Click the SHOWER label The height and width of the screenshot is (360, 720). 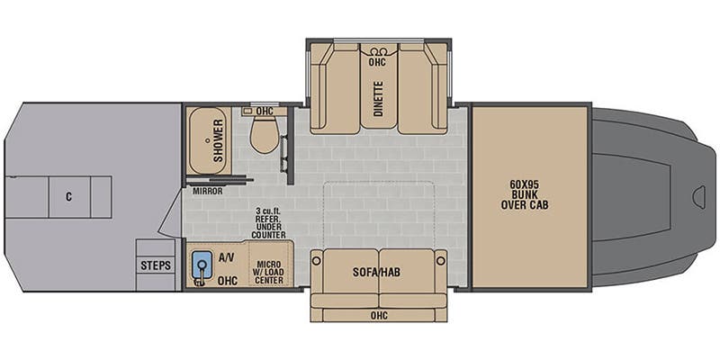click(x=218, y=140)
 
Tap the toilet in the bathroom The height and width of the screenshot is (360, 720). click(x=265, y=134)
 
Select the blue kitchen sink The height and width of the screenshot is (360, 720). click(x=202, y=265)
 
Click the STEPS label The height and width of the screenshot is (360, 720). click(x=156, y=265)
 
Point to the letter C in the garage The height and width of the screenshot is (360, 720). click(x=69, y=197)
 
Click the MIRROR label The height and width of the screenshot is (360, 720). click(x=208, y=191)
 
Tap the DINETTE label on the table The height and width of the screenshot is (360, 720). click(x=378, y=98)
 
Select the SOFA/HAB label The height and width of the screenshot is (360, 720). click(x=376, y=272)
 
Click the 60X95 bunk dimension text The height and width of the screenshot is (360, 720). click(x=525, y=184)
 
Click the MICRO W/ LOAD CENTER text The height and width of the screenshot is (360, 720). click(x=270, y=272)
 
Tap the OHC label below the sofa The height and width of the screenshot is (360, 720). click(x=379, y=316)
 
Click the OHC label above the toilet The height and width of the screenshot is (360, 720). click(x=265, y=111)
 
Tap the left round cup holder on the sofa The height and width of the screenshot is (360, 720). click(x=317, y=261)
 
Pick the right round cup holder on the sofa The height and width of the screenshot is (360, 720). click(x=441, y=261)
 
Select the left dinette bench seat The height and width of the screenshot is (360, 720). click(x=335, y=88)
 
